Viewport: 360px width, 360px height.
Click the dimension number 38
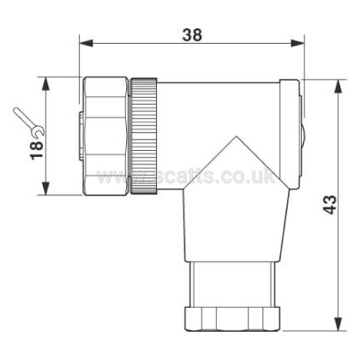[x=192, y=35]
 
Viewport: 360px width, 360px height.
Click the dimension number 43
[x=330, y=205]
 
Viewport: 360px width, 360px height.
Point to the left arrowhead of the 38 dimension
[x=86, y=44]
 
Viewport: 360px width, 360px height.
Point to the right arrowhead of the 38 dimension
[x=297, y=44]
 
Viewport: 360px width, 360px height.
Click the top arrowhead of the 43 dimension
[x=339, y=87]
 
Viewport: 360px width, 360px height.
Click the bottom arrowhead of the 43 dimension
[x=339, y=324]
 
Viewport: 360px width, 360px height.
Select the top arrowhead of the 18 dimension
[x=45, y=84]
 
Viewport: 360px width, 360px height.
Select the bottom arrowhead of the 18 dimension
[x=45, y=188]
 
